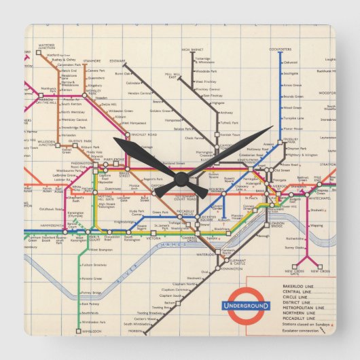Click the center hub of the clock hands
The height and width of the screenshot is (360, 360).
[180, 178]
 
